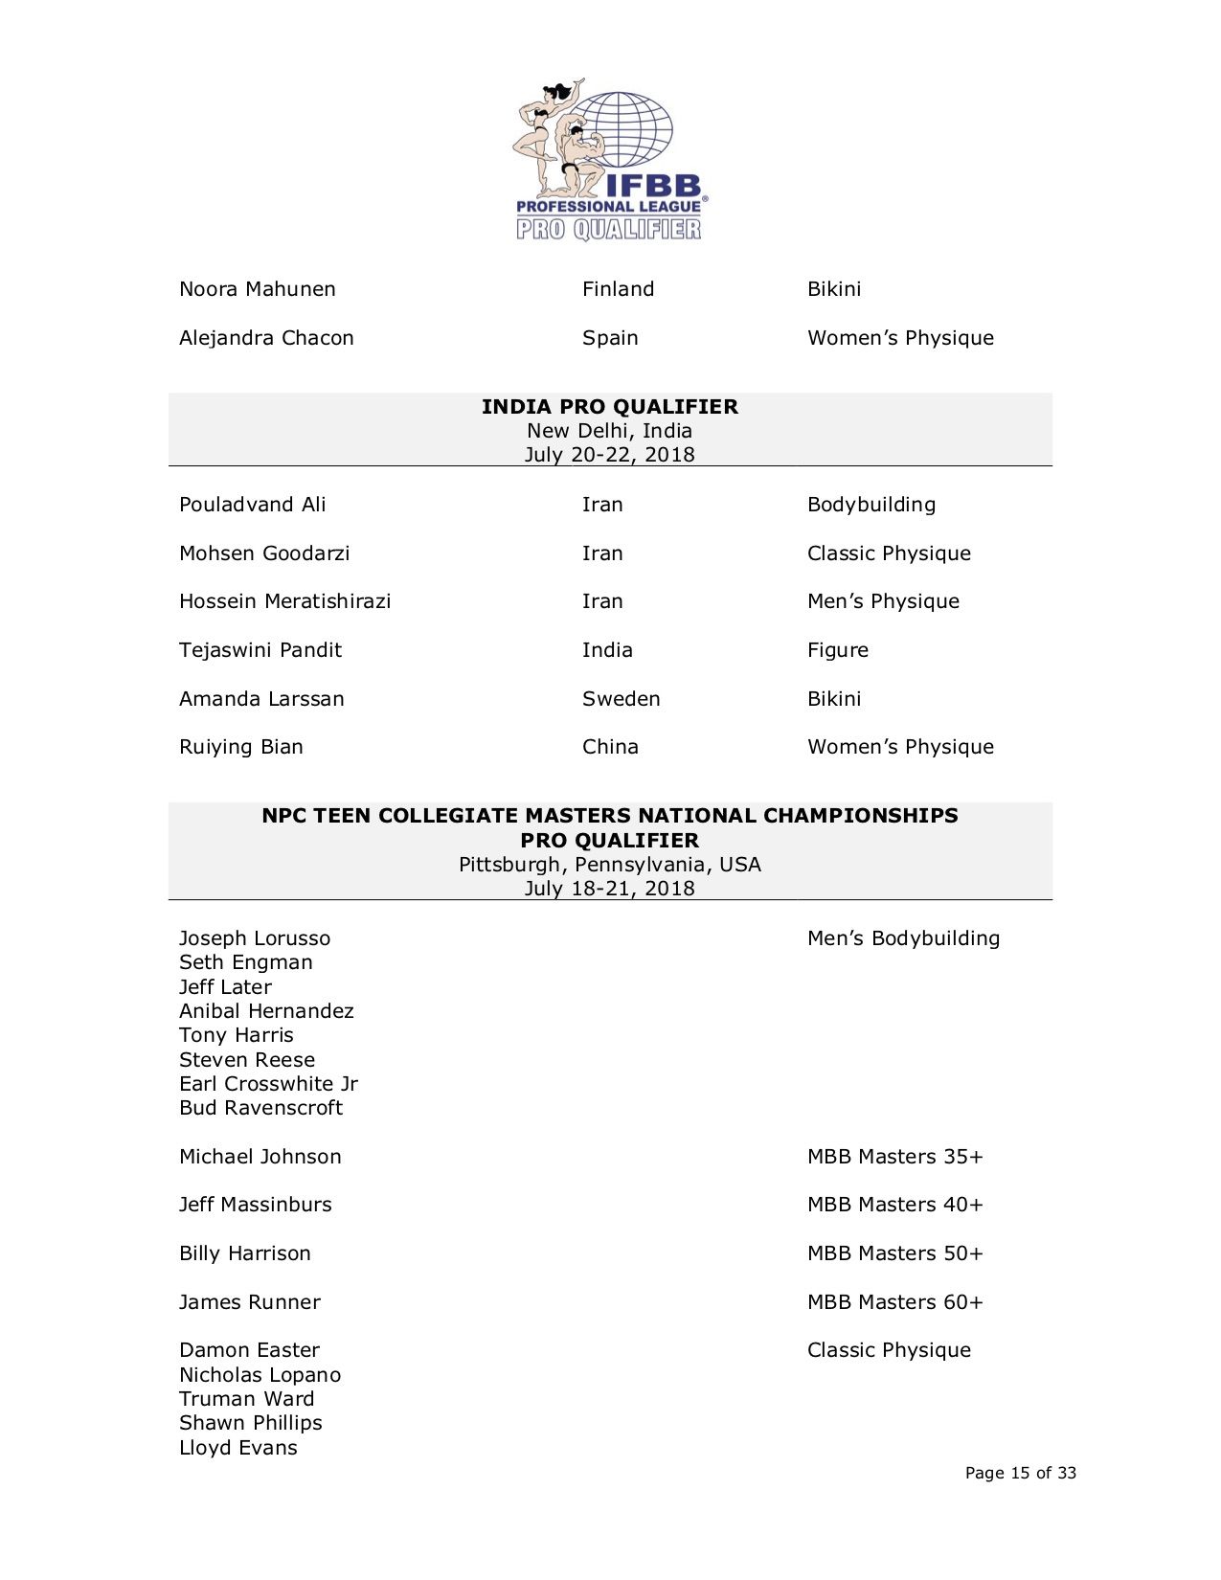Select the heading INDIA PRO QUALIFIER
point(609,407)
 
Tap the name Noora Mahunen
point(257,289)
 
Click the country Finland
point(618,289)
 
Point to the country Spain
point(610,338)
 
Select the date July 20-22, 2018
point(609,455)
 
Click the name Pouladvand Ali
point(252,505)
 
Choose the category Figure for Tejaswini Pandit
point(837,650)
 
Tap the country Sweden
point(621,699)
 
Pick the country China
point(610,747)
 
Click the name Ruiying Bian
point(240,747)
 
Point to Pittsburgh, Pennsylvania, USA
point(609,865)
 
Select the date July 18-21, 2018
point(609,889)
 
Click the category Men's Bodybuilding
point(903,938)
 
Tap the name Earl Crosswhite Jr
point(268,1084)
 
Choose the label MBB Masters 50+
point(894,1253)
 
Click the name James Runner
point(249,1302)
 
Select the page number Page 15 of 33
point(1020,1473)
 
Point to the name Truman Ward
point(246,1399)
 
